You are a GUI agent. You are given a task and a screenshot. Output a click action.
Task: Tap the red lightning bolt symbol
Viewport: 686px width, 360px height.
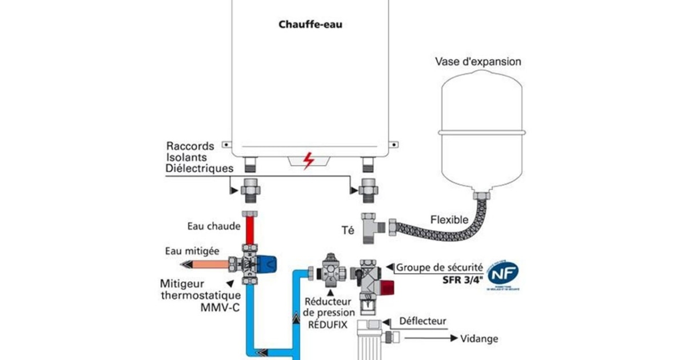click(x=309, y=161)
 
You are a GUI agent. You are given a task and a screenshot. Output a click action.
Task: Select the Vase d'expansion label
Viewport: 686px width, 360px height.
click(x=478, y=62)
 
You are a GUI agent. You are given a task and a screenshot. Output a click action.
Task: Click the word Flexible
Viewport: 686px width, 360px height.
click(x=450, y=219)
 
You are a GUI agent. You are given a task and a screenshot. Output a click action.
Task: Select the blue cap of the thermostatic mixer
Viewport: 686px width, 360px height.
click(x=270, y=264)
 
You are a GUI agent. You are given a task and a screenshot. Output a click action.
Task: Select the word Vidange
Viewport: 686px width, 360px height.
click(x=479, y=339)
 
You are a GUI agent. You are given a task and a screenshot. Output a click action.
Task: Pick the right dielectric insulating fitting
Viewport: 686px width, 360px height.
click(x=366, y=189)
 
